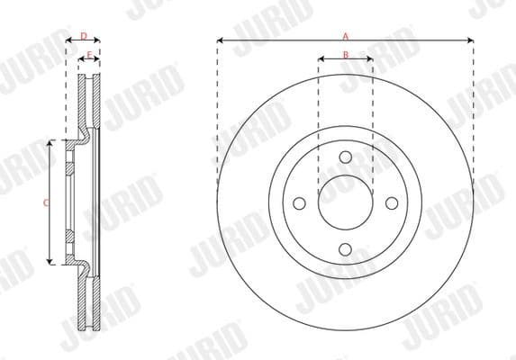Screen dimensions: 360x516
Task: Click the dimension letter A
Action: [345, 35]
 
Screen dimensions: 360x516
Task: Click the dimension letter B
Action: [345, 55]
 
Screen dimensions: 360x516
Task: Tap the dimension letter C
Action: [45, 202]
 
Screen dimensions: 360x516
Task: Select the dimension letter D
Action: [83, 36]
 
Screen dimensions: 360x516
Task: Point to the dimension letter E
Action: [88, 56]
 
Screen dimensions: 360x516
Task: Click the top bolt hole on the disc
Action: [345, 157]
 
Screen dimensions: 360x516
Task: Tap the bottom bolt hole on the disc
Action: [345, 249]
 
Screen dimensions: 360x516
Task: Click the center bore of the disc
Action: [345, 203]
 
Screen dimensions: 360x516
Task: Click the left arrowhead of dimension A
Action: [220, 40]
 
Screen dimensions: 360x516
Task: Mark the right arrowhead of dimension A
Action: [471, 40]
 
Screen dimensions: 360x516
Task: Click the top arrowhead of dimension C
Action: [51, 142]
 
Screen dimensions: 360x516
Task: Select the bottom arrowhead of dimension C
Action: [51, 262]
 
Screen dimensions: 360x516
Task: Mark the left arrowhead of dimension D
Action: [68, 41]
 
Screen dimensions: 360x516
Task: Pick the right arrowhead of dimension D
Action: [97, 41]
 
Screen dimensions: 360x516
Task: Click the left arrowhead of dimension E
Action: [82, 61]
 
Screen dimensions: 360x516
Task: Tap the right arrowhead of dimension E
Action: [95, 61]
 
